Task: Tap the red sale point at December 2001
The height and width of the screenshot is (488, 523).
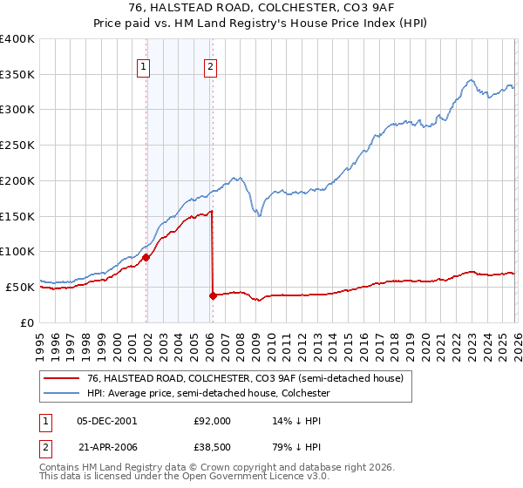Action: tap(146, 257)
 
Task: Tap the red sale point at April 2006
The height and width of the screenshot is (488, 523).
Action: tap(214, 295)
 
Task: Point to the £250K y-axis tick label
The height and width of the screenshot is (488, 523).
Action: tap(17, 146)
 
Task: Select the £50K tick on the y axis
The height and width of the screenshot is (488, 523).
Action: tap(21, 287)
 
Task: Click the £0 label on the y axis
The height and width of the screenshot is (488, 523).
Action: tap(29, 322)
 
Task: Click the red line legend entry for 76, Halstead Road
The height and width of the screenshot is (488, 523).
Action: tap(245, 379)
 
